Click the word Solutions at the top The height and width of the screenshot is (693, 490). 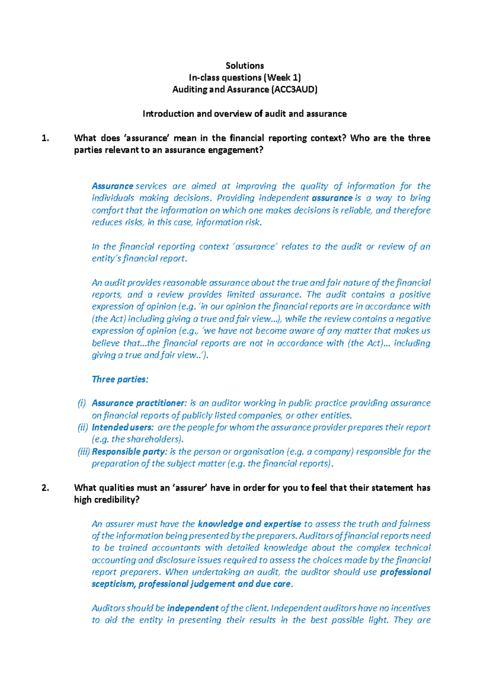[245, 66]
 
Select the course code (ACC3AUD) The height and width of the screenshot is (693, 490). [294, 89]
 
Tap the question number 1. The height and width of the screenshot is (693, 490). [45, 138]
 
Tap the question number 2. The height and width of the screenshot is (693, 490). [45, 488]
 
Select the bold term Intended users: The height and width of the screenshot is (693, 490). [122, 427]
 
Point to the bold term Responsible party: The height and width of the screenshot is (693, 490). [129, 452]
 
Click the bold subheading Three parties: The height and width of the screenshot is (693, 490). [120, 379]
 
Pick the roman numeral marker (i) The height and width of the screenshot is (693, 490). [82, 403]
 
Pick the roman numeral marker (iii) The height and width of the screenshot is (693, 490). [84, 452]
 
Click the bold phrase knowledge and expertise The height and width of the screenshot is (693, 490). [249, 524]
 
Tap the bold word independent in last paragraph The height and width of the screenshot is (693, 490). [193, 608]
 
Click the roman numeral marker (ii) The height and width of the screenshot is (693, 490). [83, 427]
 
